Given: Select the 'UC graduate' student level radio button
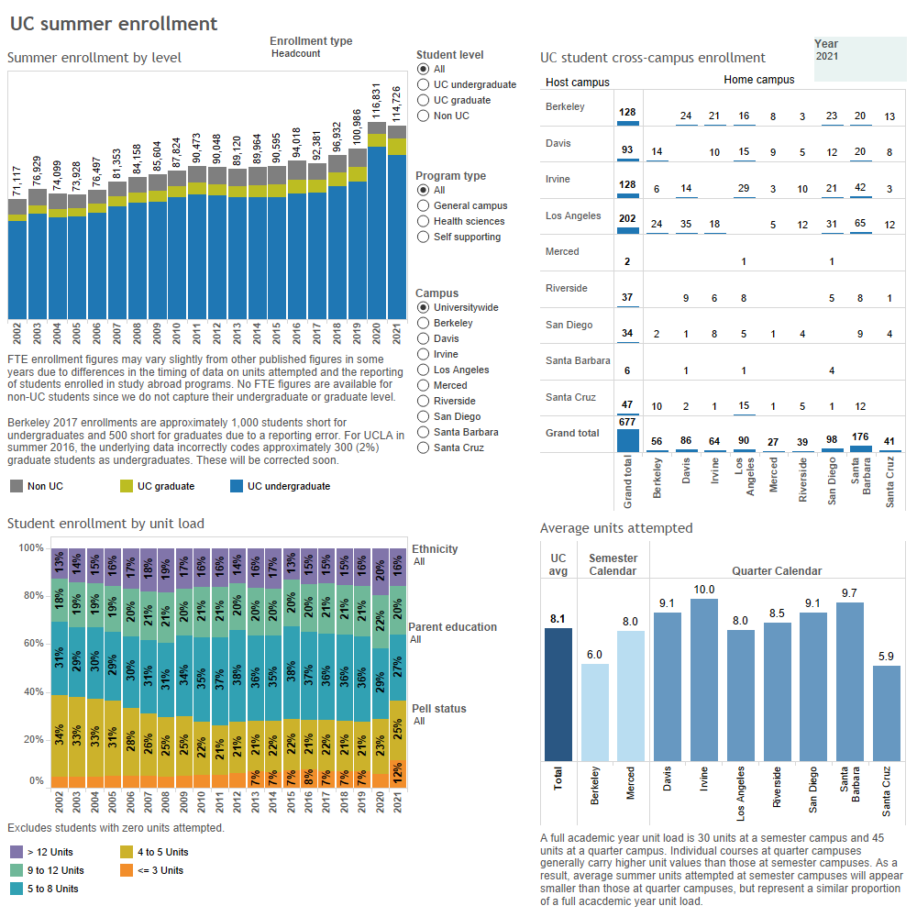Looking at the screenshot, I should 423,100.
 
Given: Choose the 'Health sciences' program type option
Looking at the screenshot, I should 423,221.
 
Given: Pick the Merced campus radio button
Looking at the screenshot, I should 423,385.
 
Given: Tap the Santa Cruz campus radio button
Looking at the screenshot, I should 423,447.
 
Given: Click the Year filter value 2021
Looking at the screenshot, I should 826,57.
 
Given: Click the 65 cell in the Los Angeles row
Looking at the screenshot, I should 859,224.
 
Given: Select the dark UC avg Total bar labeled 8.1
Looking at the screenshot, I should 558,694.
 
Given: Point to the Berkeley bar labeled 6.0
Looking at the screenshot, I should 594,712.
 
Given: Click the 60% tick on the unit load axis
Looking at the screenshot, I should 31,644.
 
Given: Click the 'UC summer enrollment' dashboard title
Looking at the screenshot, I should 114,24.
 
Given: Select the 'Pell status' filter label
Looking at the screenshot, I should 438,709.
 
